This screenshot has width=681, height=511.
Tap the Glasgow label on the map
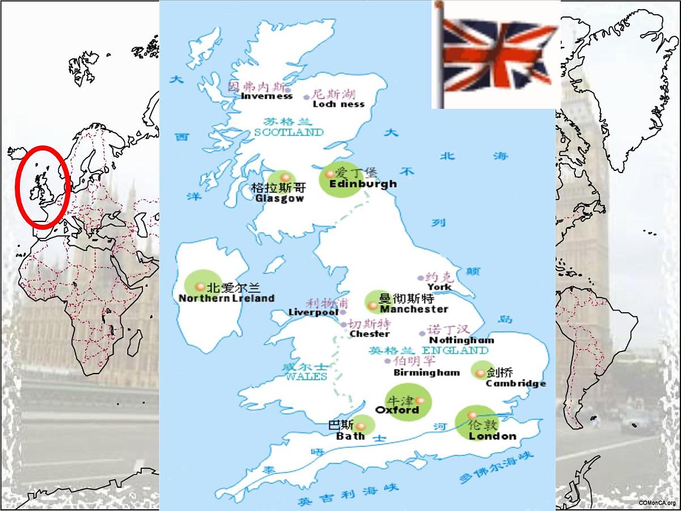pos(280,199)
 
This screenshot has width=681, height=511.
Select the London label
pos(492,436)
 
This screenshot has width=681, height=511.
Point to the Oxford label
pos(397,410)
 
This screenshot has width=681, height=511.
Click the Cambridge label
pos(516,383)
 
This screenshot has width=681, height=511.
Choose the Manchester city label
pos(414,309)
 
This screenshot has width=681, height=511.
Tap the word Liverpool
pos(313,312)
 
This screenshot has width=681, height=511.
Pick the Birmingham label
pos(426,373)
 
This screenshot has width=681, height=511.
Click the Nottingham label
pos(461,340)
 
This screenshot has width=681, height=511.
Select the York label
pos(440,287)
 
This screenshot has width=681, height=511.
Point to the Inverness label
pos(267,96)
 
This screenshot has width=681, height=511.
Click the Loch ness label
pos(339,104)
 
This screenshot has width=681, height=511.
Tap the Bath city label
pos(351,437)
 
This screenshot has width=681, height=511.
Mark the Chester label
pos(369,334)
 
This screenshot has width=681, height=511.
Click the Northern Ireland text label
pos(226,298)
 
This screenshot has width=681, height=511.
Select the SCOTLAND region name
pos(289,132)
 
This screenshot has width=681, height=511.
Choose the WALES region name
pos(306,376)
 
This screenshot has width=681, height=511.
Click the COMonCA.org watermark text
pos(657,503)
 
